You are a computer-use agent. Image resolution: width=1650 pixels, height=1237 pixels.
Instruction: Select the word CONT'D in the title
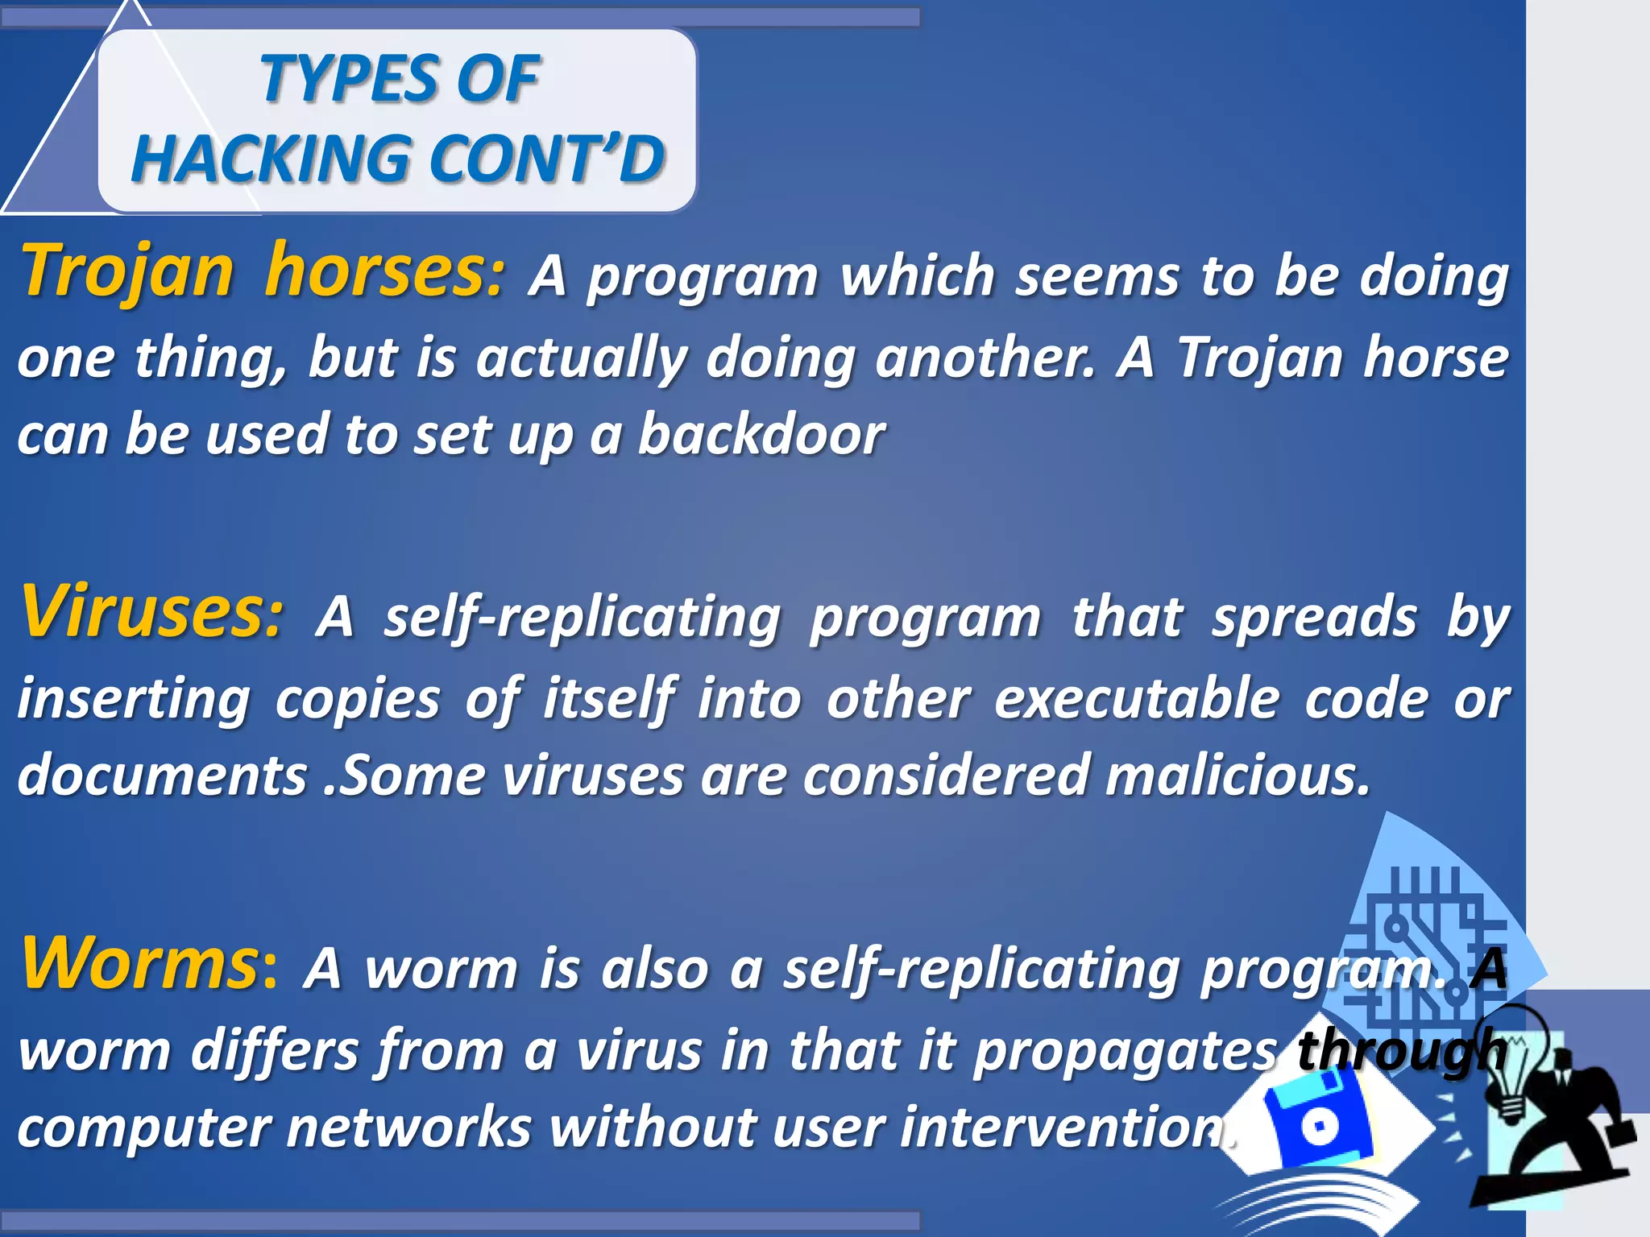(547, 158)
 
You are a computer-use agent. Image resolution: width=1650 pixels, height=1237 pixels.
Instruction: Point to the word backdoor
(761, 435)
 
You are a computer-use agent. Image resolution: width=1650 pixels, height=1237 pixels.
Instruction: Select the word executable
(1136, 698)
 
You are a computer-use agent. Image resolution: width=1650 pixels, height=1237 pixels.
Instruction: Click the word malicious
(1237, 775)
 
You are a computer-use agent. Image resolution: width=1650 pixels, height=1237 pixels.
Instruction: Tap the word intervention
(1063, 1127)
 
